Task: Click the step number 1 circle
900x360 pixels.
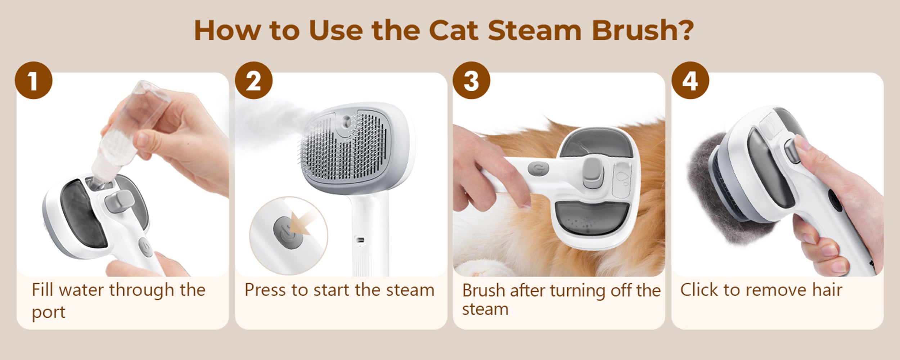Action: (x=33, y=81)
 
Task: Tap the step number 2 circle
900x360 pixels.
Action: (x=254, y=81)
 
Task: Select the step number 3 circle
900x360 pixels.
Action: (x=471, y=81)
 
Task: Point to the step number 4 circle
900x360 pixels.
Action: (x=690, y=81)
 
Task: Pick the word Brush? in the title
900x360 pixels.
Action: (x=643, y=30)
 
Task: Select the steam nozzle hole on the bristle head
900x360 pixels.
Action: (x=347, y=120)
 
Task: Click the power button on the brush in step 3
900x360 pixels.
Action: (x=539, y=168)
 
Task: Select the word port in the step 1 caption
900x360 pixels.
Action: (x=48, y=312)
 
